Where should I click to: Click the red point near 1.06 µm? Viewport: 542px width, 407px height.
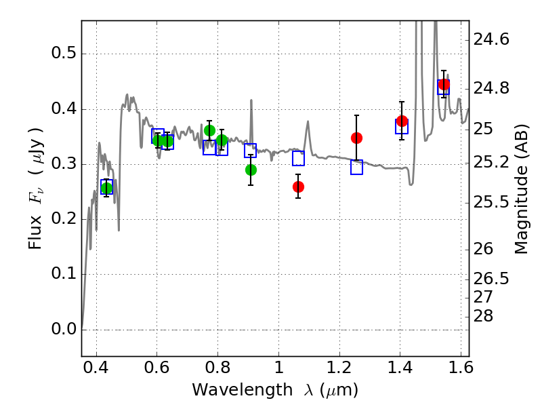[x=298, y=187]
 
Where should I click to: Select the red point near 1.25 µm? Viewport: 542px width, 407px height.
[x=356, y=138]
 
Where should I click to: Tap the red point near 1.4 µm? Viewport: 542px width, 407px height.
[x=402, y=121]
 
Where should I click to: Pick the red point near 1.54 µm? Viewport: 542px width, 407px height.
[x=444, y=84]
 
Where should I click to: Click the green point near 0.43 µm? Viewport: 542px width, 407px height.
[x=106, y=189]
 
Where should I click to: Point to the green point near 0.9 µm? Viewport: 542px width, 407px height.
[x=251, y=170]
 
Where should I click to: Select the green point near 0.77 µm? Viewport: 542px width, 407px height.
[x=209, y=130]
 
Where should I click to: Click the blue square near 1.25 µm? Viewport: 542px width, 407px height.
[x=357, y=167]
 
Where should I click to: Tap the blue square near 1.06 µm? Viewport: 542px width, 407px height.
[x=298, y=159]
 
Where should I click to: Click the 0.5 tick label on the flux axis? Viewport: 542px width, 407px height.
[x=64, y=54]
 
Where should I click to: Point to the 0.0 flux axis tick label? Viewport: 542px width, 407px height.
[x=64, y=329]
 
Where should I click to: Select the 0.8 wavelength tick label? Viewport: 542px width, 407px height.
[x=217, y=368]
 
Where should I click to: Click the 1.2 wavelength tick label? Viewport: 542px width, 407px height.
[x=339, y=368]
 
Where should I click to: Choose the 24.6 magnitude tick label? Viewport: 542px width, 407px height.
[x=491, y=39]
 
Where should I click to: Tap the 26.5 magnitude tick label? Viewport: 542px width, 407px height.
[x=491, y=278]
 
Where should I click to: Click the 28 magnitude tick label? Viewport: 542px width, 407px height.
[x=483, y=316]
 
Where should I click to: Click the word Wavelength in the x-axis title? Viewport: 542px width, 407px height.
[x=243, y=390]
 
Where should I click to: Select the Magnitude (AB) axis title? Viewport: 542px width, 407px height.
[x=522, y=189]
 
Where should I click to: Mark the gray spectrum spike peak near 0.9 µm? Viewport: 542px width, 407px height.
[x=251, y=100]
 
